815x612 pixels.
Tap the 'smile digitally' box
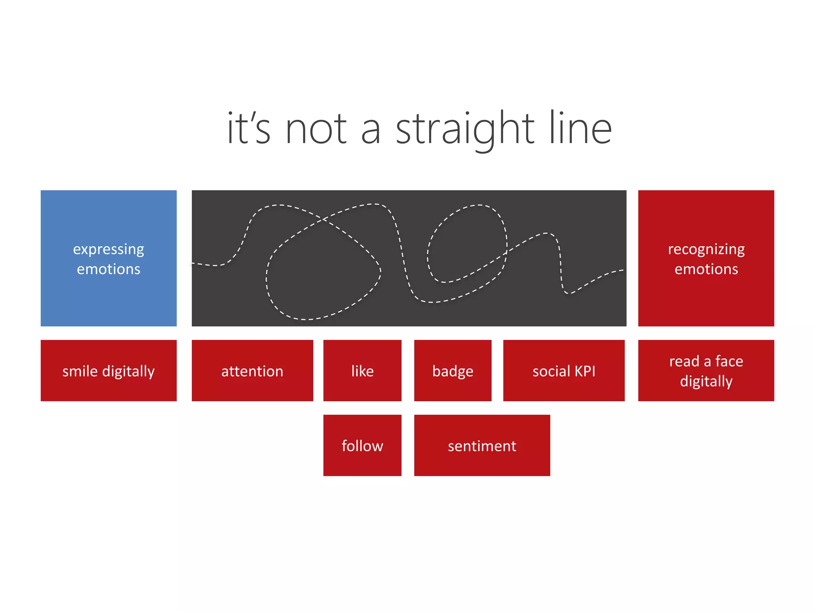108,371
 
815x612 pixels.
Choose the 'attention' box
252,371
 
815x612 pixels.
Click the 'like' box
362,371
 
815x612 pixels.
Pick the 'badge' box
453,371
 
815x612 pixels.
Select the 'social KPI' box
564,371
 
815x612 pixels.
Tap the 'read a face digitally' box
706,371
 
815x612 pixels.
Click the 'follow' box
362,445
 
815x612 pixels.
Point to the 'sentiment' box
482,445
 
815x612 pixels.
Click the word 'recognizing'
706,249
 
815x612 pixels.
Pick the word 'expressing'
108,249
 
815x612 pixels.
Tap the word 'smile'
80,371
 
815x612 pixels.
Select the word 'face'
729,361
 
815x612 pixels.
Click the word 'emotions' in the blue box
108,269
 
